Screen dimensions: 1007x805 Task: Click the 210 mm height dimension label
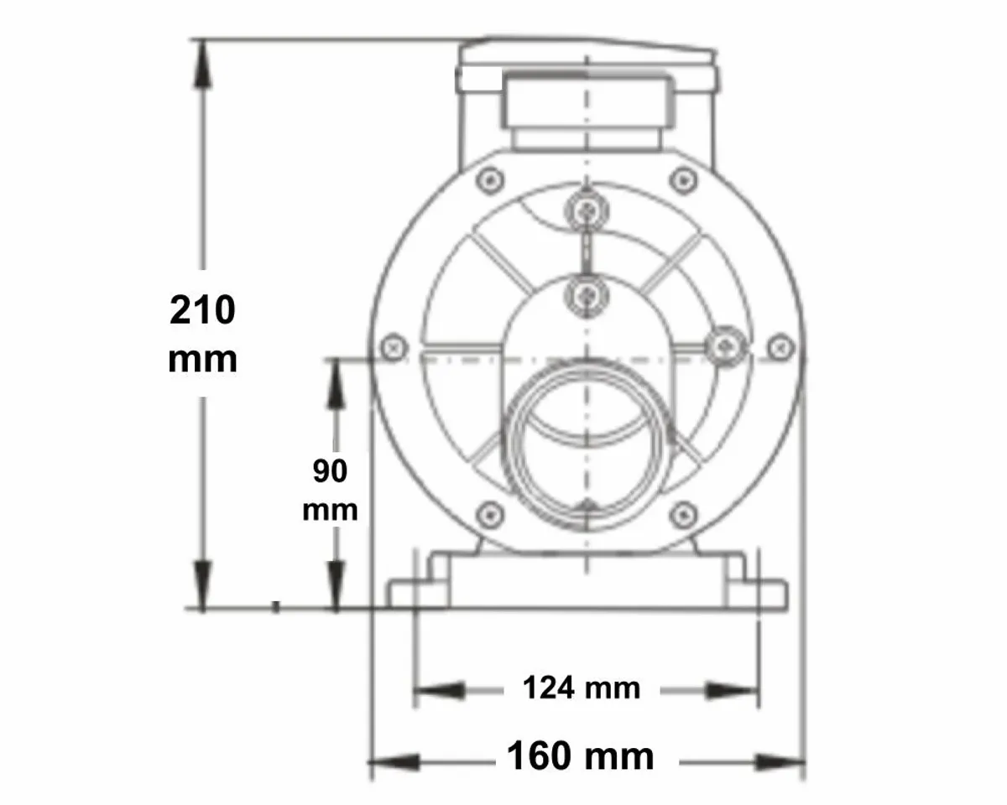(202, 334)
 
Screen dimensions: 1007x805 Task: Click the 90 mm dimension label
(331, 491)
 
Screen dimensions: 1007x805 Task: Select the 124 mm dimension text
(582, 688)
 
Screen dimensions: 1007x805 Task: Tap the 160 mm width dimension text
(580, 756)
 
